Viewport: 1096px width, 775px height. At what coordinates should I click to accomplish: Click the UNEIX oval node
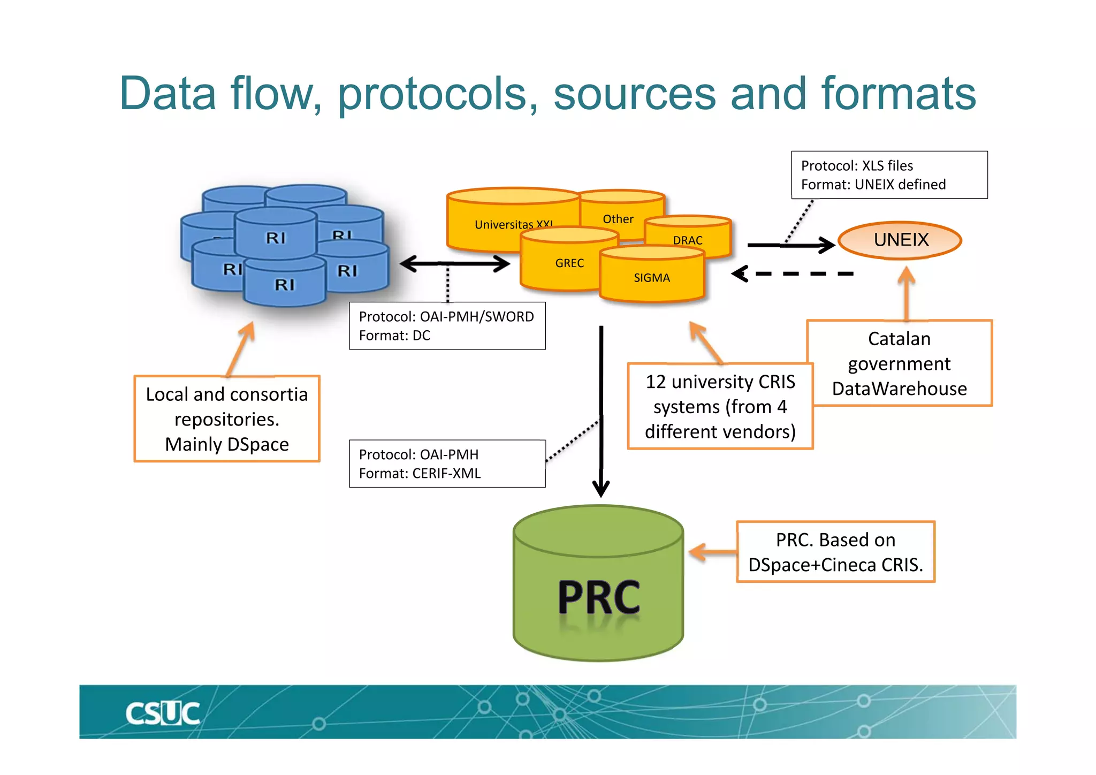click(x=900, y=240)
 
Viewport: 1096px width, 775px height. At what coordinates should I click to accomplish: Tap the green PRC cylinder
click(x=598, y=583)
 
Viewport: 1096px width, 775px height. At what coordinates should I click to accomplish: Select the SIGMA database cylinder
click(x=651, y=277)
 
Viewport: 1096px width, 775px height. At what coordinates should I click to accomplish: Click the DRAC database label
click(x=688, y=240)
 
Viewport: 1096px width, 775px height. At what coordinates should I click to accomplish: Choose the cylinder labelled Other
click(x=618, y=218)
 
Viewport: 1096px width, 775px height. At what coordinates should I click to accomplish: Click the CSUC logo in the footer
click(x=163, y=713)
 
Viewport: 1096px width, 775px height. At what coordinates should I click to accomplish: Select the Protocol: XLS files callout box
click(x=889, y=175)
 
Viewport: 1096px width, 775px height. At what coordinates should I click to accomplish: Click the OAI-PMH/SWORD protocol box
click(x=447, y=326)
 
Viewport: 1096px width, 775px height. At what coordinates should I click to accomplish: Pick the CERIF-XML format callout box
click(x=447, y=464)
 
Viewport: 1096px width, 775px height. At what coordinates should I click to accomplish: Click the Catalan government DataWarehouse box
click(x=899, y=363)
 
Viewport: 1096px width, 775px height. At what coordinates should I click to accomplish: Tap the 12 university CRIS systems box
click(x=720, y=406)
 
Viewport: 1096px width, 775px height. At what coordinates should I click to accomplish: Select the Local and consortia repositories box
click(x=227, y=419)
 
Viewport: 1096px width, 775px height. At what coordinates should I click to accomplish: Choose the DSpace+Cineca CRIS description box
click(x=835, y=552)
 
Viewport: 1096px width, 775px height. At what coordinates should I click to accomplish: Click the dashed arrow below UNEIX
click(x=792, y=274)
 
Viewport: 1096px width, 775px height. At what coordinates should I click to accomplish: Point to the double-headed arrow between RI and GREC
click(x=455, y=263)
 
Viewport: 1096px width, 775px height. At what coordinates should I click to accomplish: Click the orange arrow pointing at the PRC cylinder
click(x=712, y=552)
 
